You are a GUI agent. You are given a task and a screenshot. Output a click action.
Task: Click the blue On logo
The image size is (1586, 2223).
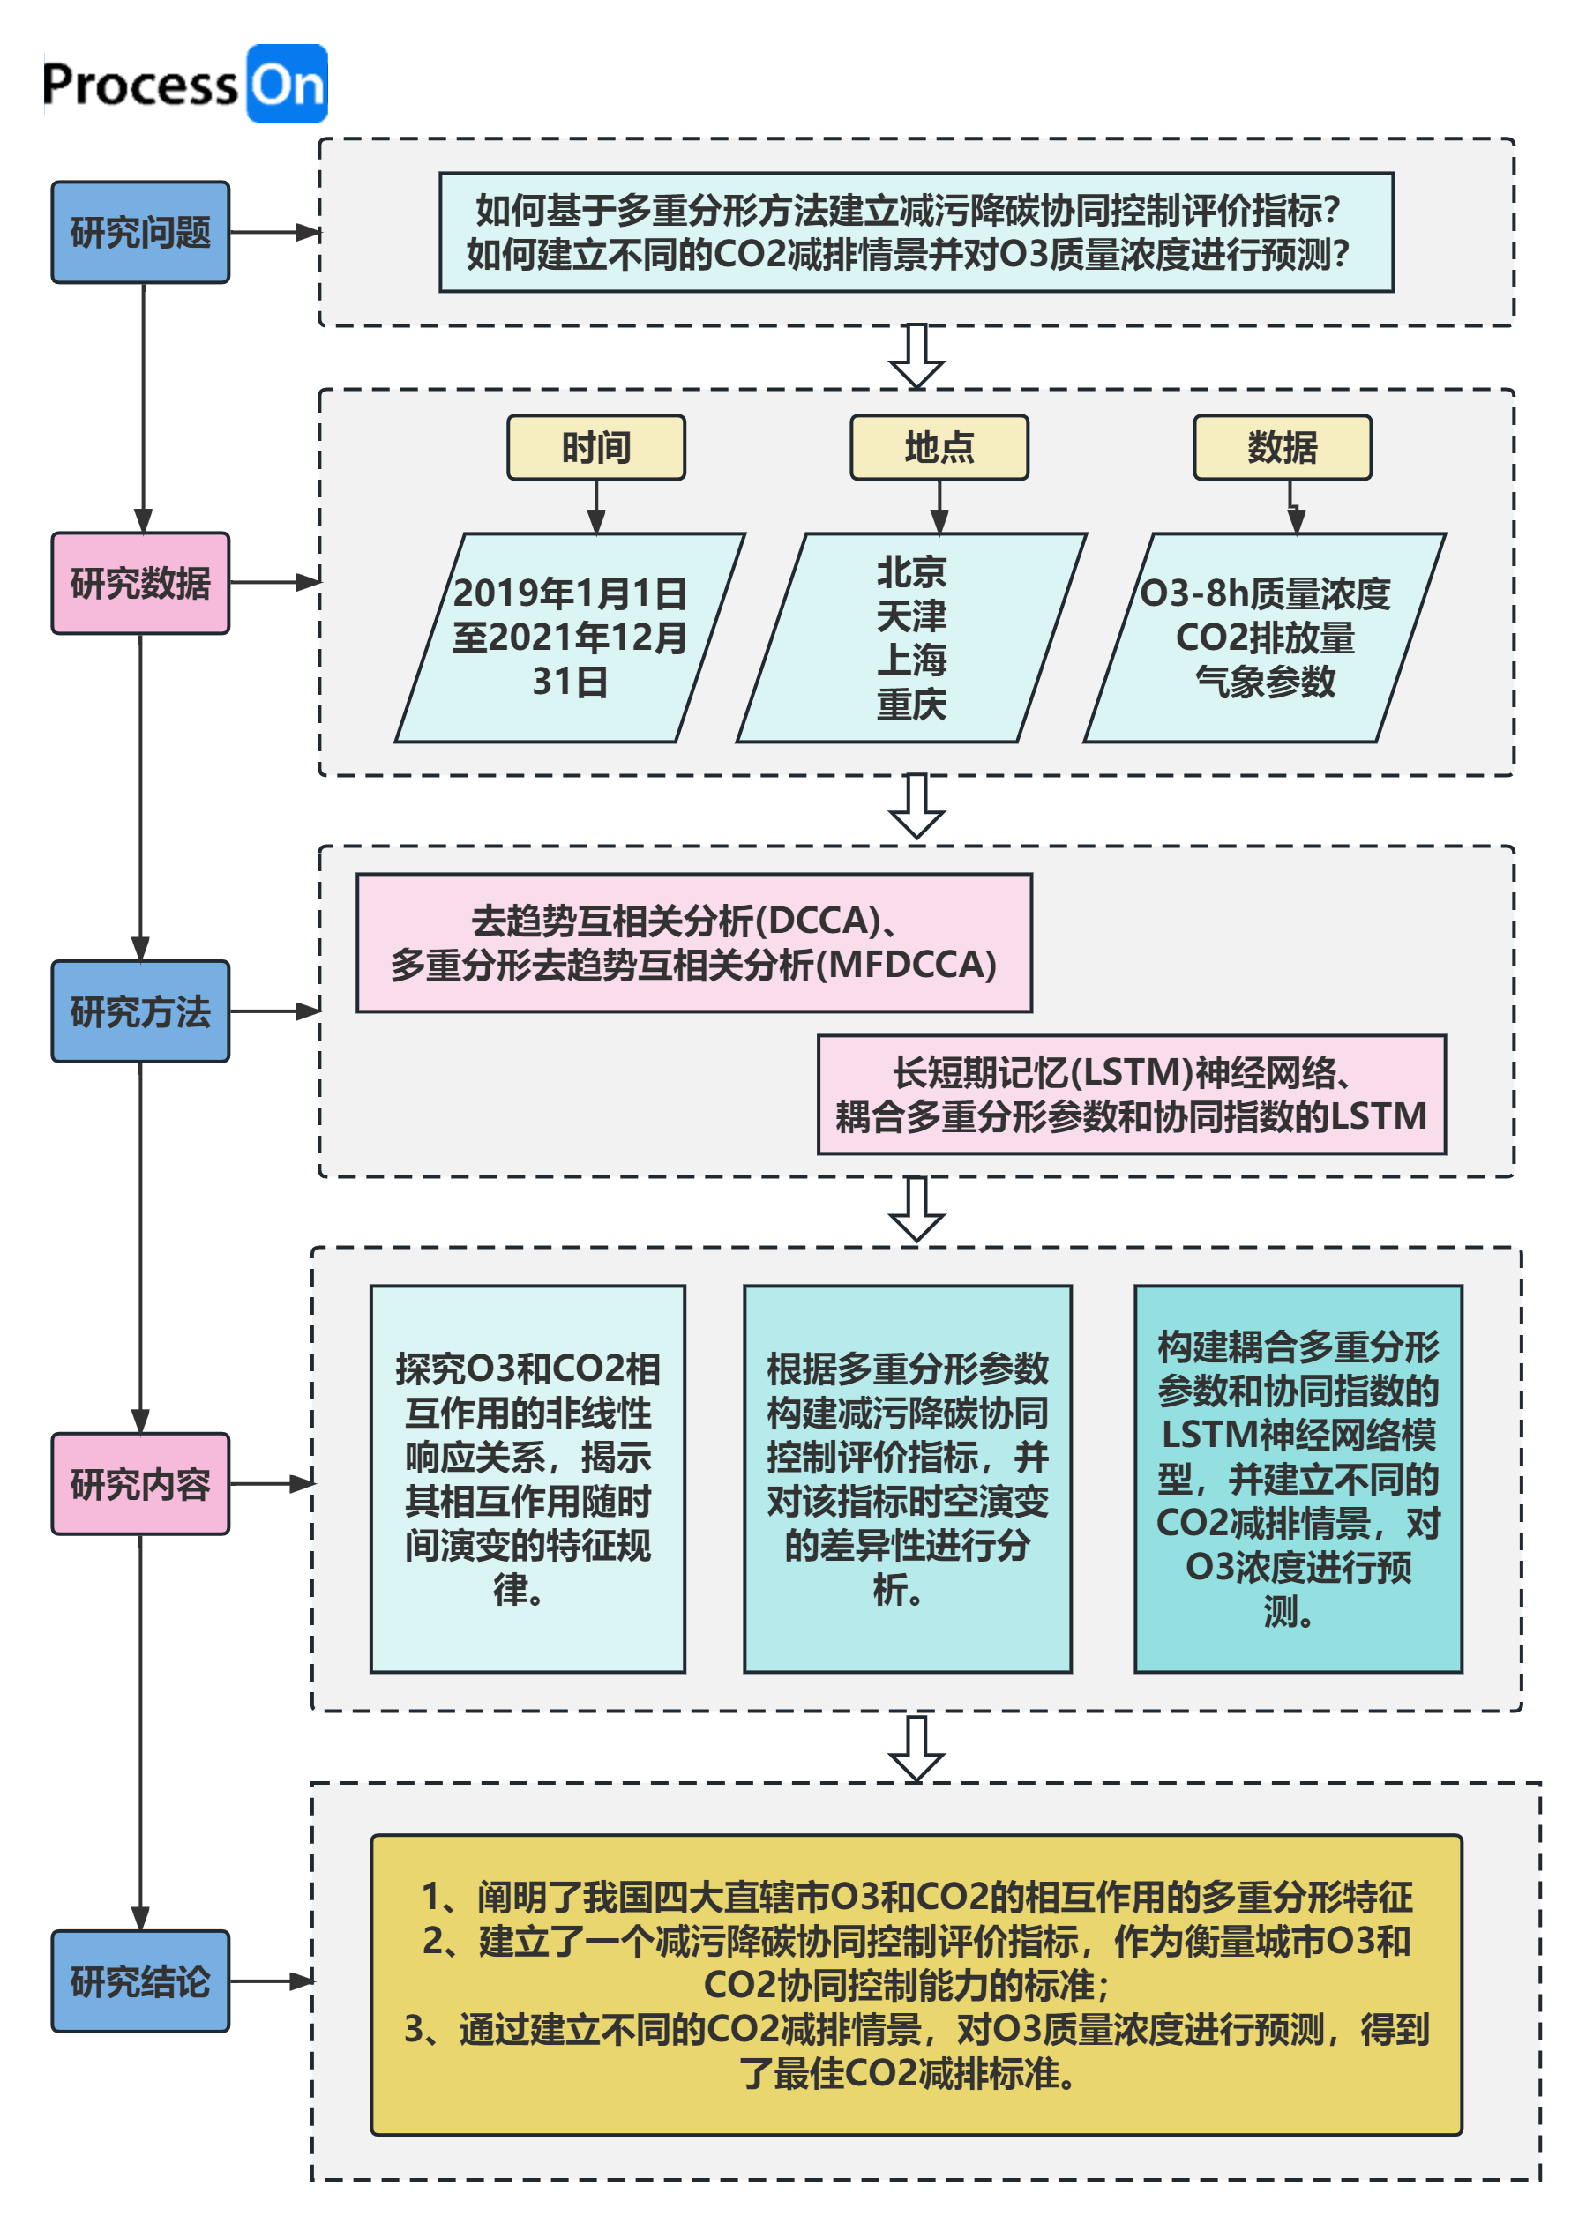pyautogui.click(x=286, y=84)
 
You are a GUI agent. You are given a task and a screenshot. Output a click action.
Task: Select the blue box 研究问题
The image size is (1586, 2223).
pyautogui.click(x=140, y=233)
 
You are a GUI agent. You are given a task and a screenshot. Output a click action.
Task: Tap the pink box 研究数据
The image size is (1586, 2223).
pyautogui.click(x=140, y=583)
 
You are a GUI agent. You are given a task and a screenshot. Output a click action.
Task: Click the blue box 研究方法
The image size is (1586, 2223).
pyautogui.click(x=140, y=1011)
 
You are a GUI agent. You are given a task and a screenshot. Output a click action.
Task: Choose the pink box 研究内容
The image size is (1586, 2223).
pyautogui.click(x=140, y=1484)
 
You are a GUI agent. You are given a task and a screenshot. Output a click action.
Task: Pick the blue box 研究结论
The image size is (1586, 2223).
pyautogui.click(x=140, y=1981)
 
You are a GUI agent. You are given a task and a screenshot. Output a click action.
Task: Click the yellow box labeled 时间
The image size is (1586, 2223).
pyautogui.click(x=595, y=447)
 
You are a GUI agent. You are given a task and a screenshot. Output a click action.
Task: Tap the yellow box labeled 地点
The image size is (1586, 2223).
pyautogui.click(x=939, y=447)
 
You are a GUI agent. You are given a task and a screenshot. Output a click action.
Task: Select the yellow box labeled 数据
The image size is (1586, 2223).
pyautogui.click(x=1282, y=447)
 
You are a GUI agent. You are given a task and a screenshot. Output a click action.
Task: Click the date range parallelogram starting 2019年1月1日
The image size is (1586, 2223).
pyautogui.click(x=569, y=638)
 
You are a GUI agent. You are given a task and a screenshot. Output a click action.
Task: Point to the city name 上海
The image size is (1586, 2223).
pyautogui.click(x=911, y=660)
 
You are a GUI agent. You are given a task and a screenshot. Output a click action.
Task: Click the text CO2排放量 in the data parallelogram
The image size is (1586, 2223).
pyautogui.click(x=1265, y=638)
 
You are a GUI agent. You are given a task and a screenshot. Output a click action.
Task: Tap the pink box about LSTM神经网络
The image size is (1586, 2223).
pyautogui.click(x=1131, y=1094)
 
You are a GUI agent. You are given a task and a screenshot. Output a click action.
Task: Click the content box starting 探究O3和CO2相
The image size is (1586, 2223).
pyautogui.click(x=527, y=1478)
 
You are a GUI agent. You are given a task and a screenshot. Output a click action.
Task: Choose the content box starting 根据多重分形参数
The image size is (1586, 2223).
pyautogui.click(x=908, y=1478)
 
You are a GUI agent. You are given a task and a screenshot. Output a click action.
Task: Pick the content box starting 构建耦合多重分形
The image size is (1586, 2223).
pyautogui.click(x=1298, y=1478)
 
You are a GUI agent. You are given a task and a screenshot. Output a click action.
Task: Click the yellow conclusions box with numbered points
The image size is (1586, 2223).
pyautogui.click(x=916, y=1985)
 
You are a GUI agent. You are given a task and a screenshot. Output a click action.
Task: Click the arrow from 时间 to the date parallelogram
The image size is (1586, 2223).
pyautogui.click(x=595, y=508)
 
